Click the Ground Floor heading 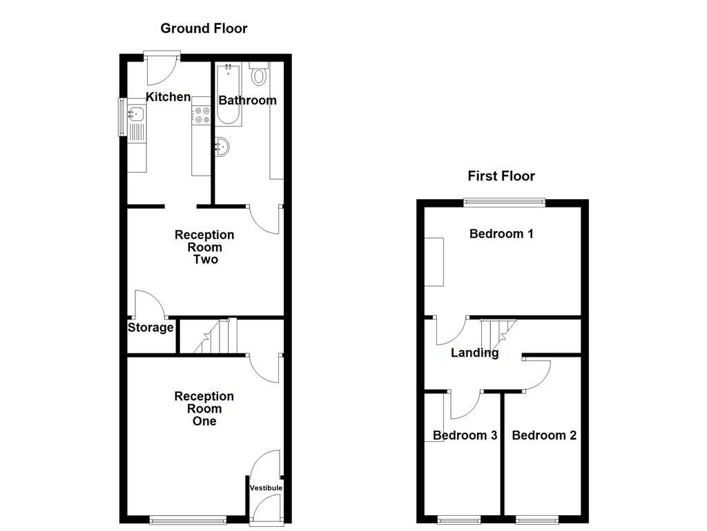coord(204,28)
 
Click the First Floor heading coord(501,176)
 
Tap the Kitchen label coord(168,97)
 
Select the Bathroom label coord(247,100)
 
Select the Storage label coord(150,328)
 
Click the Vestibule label coord(266,488)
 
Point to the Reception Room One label coord(204,409)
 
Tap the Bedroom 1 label coord(501,234)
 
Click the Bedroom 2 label coord(544,436)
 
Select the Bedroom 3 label coord(465,436)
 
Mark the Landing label coord(474,353)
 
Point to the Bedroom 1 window coord(504,202)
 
